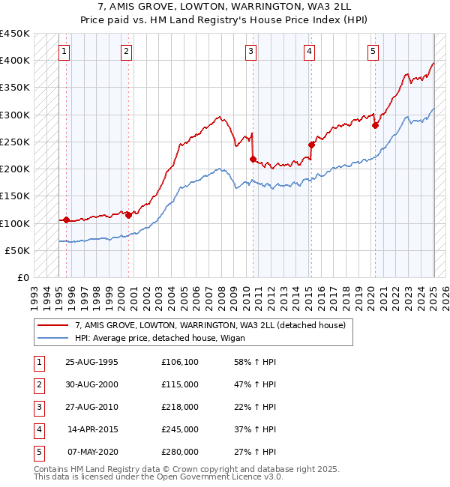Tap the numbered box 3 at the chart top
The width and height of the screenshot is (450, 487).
click(x=250, y=52)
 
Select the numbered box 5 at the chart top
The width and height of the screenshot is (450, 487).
click(x=373, y=52)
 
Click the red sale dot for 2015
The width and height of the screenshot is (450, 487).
click(x=311, y=145)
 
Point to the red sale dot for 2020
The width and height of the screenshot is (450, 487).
click(x=375, y=126)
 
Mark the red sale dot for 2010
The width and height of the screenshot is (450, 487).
click(x=253, y=159)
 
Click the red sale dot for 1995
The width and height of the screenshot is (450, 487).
click(x=66, y=220)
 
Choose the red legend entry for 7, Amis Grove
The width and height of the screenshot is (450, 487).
click(x=210, y=325)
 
